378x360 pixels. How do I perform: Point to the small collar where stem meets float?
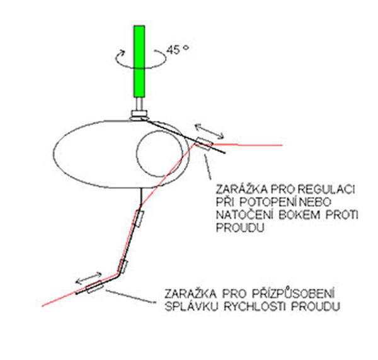click(x=139, y=113)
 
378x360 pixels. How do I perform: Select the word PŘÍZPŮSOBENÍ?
click(x=283, y=293)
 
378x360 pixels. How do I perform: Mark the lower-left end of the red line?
click(x=42, y=306)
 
